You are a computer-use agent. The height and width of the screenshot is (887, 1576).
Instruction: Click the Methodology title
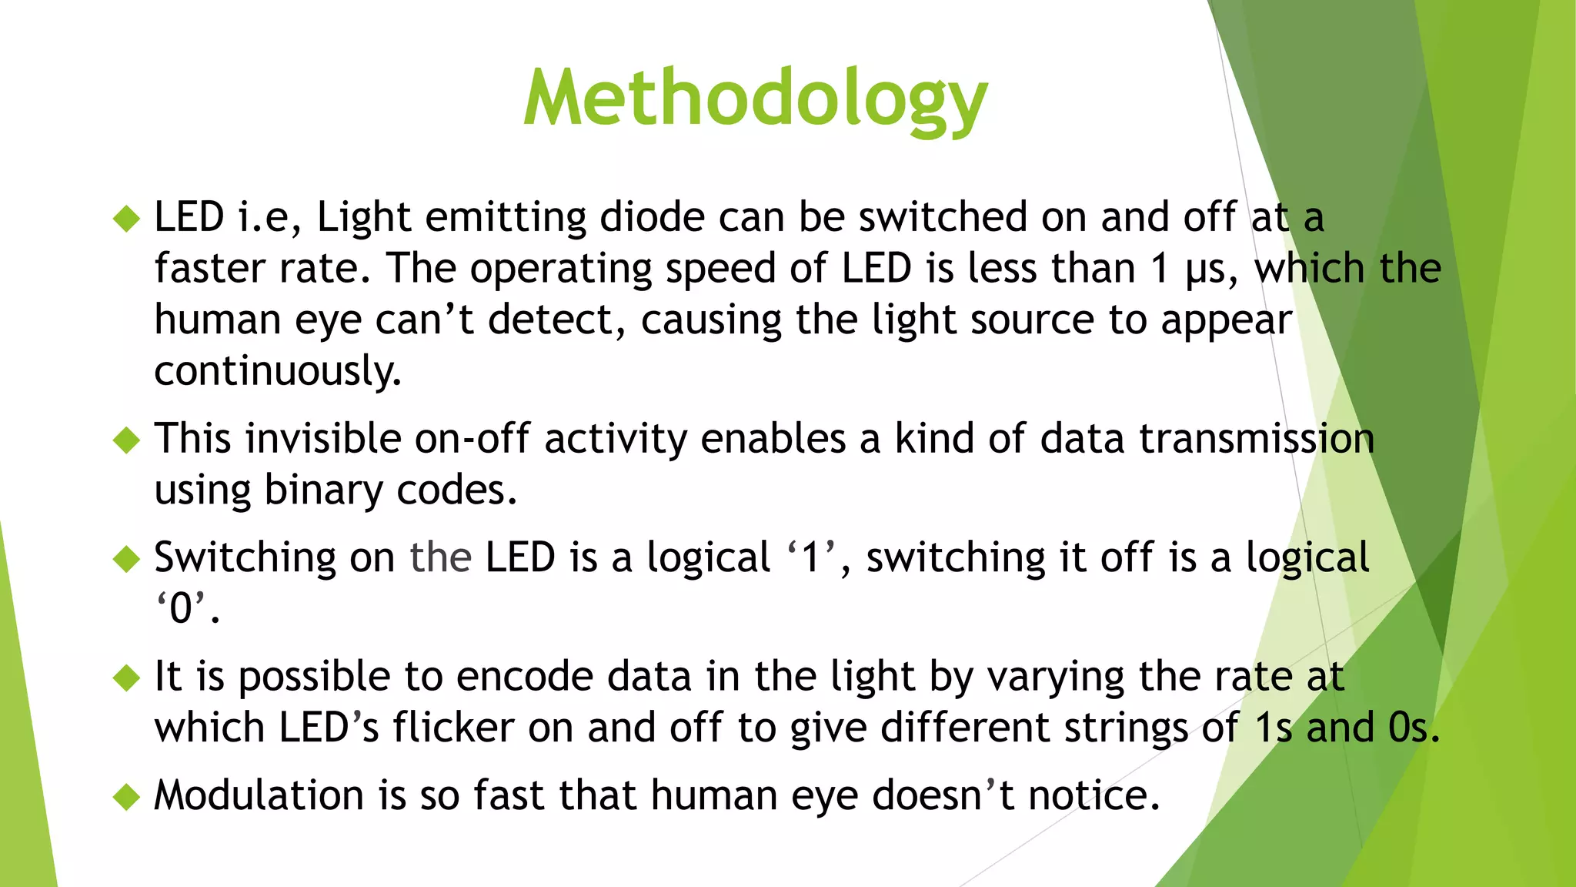click(755, 99)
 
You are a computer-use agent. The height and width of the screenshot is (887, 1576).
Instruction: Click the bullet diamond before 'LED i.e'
click(126, 219)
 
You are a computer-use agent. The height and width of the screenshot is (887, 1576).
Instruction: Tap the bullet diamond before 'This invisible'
click(126, 440)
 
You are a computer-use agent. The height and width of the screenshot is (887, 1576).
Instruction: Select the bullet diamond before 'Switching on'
click(126, 559)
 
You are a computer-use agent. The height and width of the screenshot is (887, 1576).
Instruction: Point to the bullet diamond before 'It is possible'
click(126, 678)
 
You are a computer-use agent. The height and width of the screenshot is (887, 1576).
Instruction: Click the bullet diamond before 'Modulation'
click(126, 797)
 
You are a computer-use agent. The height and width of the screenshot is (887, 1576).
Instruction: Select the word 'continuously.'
click(278, 372)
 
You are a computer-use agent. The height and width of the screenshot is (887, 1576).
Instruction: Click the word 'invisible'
click(322, 439)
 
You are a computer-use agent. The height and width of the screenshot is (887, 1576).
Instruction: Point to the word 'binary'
click(322, 490)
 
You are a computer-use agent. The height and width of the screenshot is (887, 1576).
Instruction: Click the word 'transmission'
click(1257, 439)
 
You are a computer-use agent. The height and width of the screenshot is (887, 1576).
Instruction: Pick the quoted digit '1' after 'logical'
click(811, 557)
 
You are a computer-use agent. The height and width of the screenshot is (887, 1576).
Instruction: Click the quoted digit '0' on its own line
click(182, 609)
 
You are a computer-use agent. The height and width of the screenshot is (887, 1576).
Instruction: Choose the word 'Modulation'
click(259, 795)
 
